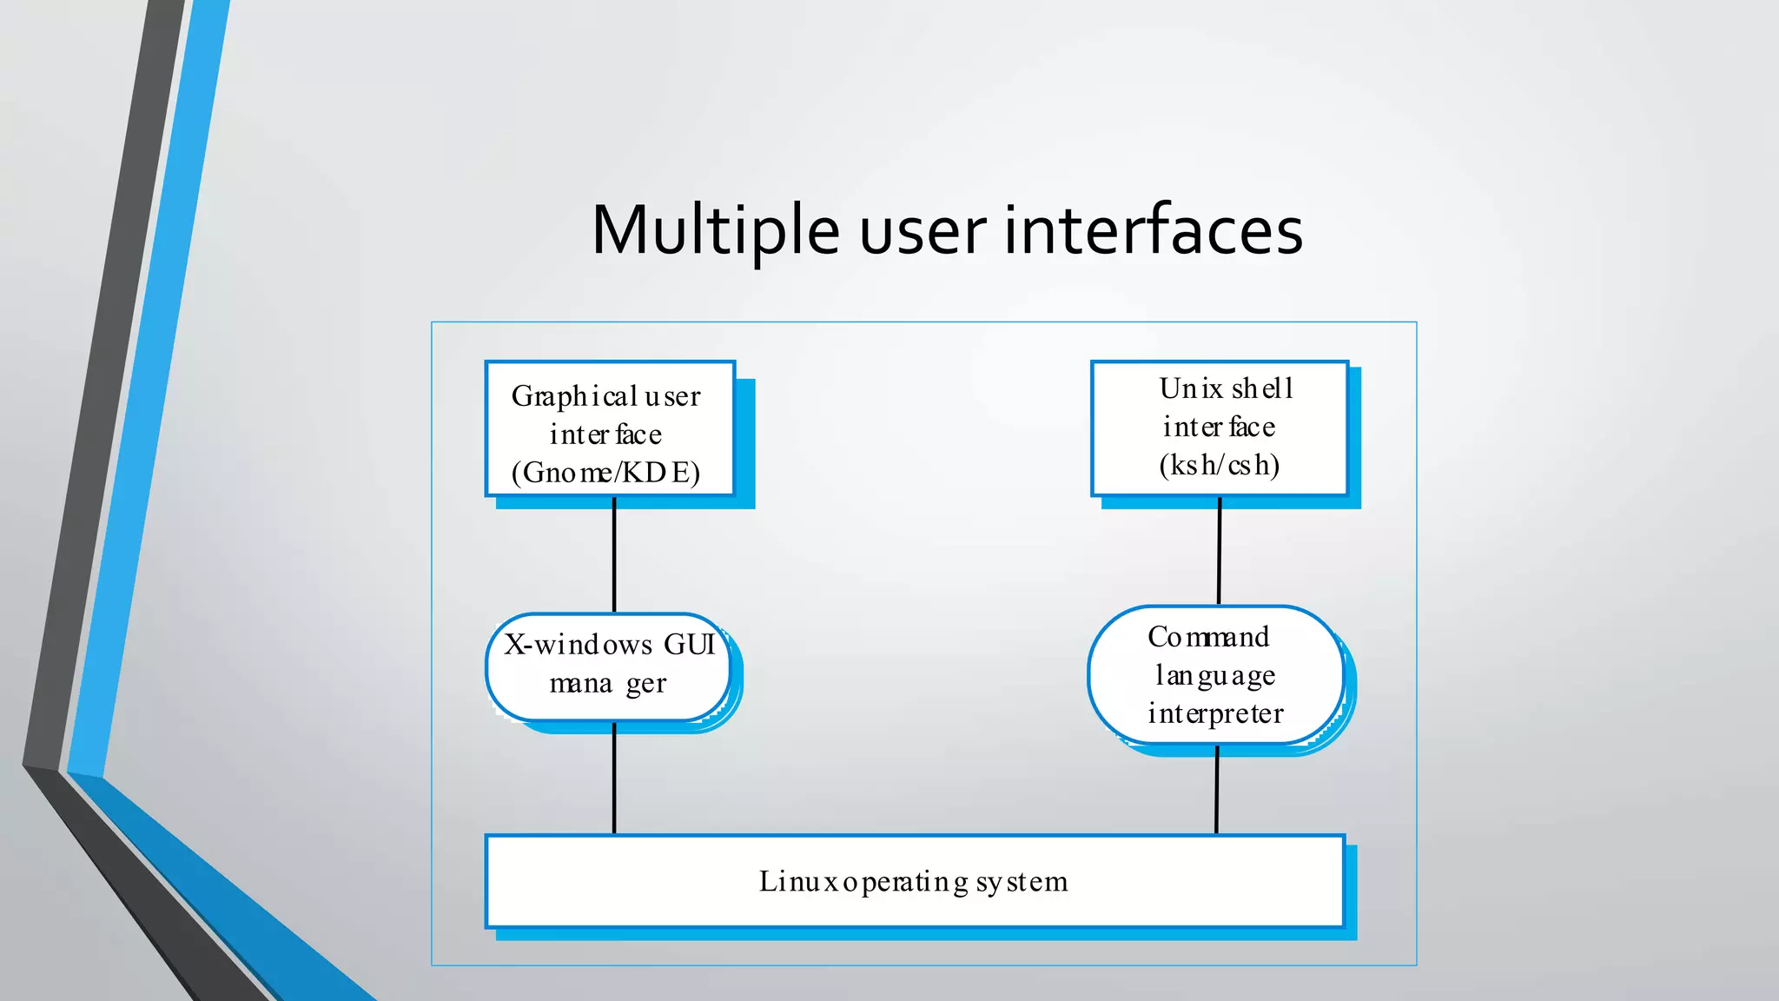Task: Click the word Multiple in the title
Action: (714, 231)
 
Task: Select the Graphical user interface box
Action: (610, 428)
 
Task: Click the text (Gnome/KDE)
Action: (605, 473)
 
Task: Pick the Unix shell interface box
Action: (1219, 428)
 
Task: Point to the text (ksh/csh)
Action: (1219, 466)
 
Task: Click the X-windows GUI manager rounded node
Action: (608, 666)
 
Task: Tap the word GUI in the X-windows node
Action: (689, 645)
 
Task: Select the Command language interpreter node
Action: (1215, 675)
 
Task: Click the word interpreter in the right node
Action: (1215, 714)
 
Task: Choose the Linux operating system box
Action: (914, 881)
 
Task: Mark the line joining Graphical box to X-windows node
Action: (614, 556)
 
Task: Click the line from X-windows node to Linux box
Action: (614, 779)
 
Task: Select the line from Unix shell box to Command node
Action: (1220, 551)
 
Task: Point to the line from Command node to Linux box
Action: (1216, 791)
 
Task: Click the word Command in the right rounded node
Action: (1208, 637)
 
